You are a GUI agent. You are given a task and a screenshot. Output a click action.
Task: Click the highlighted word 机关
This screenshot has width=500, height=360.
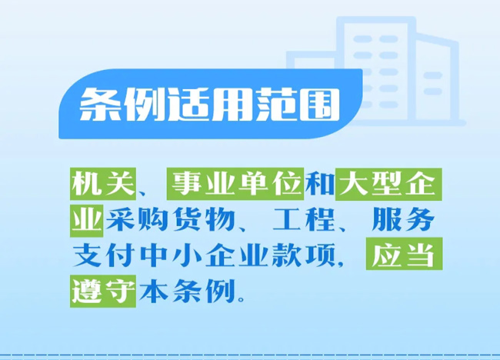point(103,184)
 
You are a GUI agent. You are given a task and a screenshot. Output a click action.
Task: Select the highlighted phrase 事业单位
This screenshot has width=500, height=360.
point(236,184)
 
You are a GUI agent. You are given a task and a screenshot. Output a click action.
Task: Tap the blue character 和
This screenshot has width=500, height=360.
point(319,184)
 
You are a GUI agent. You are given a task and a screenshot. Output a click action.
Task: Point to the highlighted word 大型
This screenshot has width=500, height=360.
point(370,184)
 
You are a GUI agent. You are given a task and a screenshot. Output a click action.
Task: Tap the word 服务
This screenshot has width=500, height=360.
point(403,220)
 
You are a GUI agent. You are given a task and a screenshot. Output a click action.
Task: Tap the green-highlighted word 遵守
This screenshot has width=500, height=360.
point(103,291)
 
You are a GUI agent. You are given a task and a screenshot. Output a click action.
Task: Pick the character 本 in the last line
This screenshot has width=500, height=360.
point(154,291)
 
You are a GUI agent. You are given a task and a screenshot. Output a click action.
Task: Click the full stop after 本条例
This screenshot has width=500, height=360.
point(241,299)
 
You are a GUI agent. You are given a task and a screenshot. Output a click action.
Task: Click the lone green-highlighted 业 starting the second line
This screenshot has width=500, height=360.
point(86,220)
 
